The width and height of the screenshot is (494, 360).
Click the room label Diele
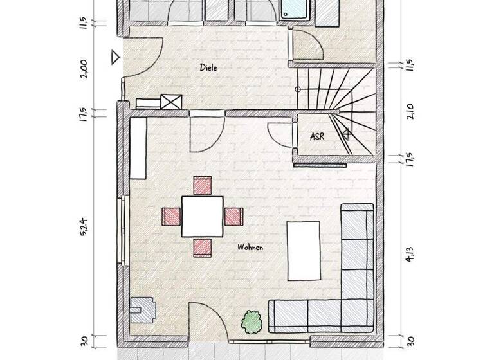pos(207,67)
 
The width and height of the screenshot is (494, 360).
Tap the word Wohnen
pos(250,247)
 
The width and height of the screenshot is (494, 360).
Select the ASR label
pos(316,136)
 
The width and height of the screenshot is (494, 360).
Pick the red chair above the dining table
pos(203,184)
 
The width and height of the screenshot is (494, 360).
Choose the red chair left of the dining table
pos(171,215)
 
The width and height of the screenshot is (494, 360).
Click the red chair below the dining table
pos(202,246)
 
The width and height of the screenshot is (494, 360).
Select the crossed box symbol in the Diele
pos(171,102)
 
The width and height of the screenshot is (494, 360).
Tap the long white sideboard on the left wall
pos(138,148)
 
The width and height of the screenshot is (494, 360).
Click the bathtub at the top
pos(297,12)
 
